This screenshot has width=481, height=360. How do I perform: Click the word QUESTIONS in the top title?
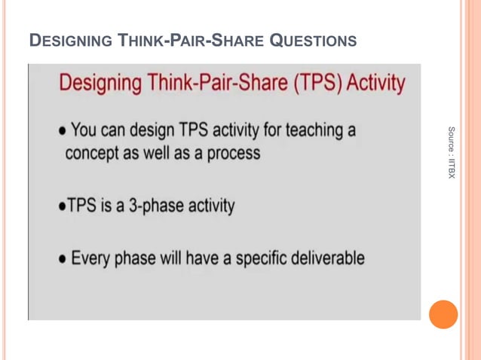[x=313, y=40]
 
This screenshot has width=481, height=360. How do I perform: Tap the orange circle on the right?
[x=443, y=314]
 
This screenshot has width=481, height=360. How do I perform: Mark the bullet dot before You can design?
[x=63, y=131]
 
